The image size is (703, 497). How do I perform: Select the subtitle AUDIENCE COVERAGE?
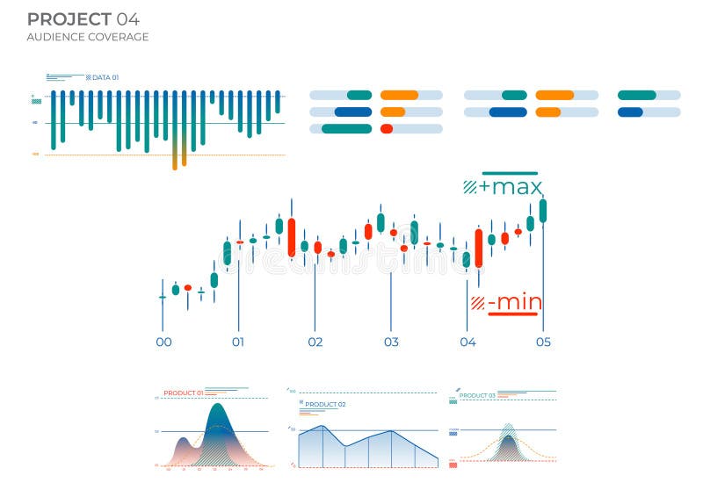point(87,37)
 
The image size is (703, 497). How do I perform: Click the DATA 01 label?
point(105,78)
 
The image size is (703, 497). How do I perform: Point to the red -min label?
point(514,303)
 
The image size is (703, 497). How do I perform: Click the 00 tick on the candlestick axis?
point(163,342)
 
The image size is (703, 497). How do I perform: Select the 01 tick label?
point(238,342)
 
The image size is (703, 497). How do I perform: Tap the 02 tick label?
point(315,342)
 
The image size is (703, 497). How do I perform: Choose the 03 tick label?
point(391,342)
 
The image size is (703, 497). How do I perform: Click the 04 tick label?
point(467,342)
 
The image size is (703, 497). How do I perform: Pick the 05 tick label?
point(543,342)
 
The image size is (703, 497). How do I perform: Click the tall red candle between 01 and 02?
point(292,237)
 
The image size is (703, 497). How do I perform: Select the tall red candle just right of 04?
point(479,248)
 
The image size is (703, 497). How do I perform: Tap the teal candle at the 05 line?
point(543,211)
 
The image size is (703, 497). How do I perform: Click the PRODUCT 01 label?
point(184,393)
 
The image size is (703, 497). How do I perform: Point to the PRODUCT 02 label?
point(325,404)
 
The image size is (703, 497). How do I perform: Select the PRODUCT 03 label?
point(477,395)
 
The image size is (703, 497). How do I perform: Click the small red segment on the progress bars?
point(387,128)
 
